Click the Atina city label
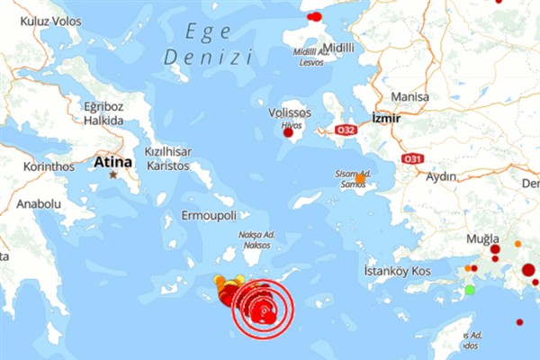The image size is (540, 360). pyautogui.click(x=112, y=162)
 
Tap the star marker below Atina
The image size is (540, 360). pyautogui.click(x=113, y=174)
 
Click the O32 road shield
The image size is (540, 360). pyautogui.click(x=346, y=130)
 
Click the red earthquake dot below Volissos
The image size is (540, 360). pyautogui.click(x=289, y=134)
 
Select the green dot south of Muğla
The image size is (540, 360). pyautogui.click(x=470, y=290)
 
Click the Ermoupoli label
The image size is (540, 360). pyautogui.click(x=209, y=217)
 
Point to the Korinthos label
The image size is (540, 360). pyautogui.click(x=49, y=166)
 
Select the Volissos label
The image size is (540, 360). pyautogui.click(x=290, y=113)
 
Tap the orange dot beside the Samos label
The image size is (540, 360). pyautogui.click(x=360, y=179)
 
